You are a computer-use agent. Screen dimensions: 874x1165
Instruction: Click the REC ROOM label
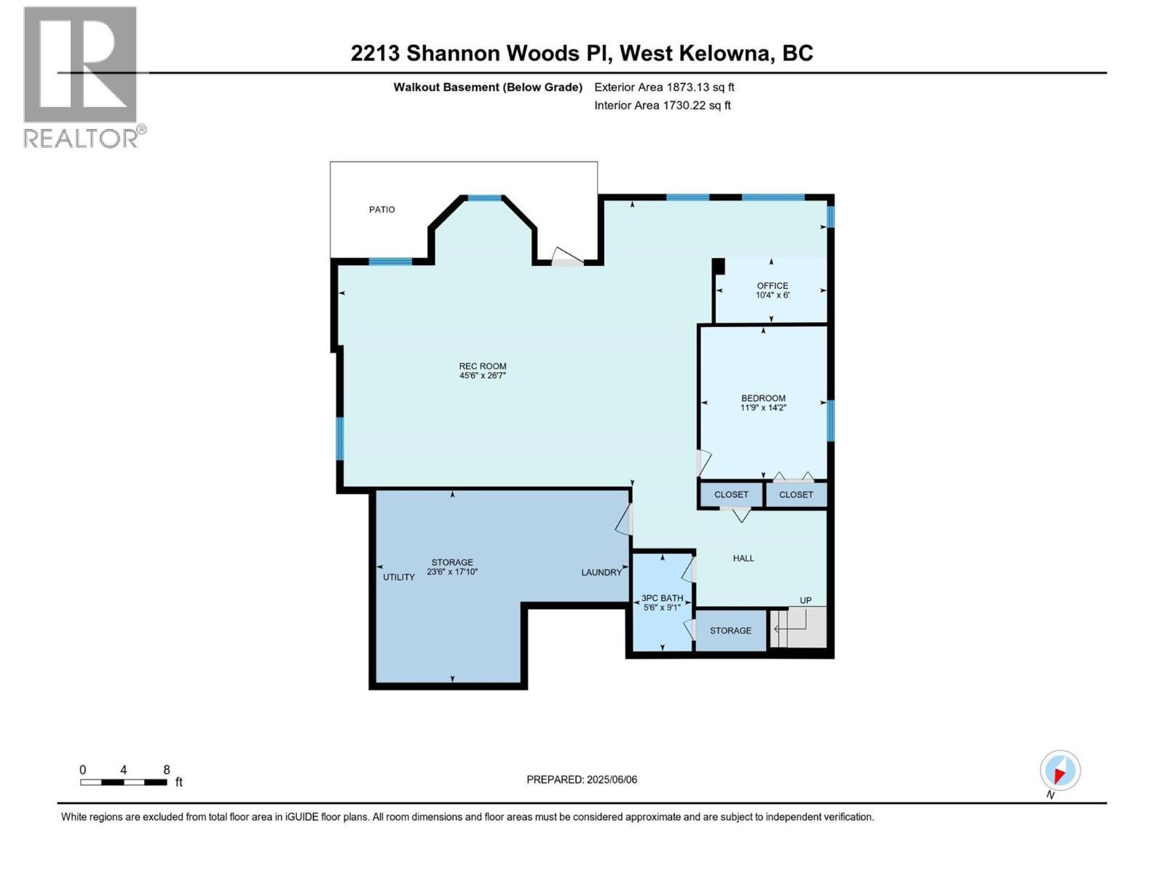pyautogui.click(x=482, y=366)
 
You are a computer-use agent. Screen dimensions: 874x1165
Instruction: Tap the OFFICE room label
pyautogui.click(x=772, y=286)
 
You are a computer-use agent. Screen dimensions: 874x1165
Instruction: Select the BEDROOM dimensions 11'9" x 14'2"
pyautogui.click(x=763, y=408)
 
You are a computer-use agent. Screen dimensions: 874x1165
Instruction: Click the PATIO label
pyautogui.click(x=382, y=210)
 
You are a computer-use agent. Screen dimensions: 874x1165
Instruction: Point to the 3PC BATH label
pyautogui.click(x=662, y=598)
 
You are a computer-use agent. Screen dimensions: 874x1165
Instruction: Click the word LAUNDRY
pyautogui.click(x=601, y=572)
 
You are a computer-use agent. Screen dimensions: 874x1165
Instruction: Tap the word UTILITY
pyautogui.click(x=399, y=577)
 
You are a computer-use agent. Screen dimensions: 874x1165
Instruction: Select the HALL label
pyautogui.click(x=743, y=558)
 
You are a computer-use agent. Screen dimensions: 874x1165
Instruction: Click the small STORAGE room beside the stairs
pyautogui.click(x=730, y=631)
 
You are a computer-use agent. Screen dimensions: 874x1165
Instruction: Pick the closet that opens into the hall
pyautogui.click(x=731, y=495)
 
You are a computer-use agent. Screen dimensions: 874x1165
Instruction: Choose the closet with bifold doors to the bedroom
pyautogui.click(x=796, y=495)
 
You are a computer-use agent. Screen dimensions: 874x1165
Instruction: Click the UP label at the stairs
pyautogui.click(x=805, y=600)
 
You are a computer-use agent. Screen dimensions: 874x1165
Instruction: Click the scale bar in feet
pyautogui.click(x=124, y=782)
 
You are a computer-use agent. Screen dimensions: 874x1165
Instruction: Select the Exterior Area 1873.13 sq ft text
pyautogui.click(x=664, y=87)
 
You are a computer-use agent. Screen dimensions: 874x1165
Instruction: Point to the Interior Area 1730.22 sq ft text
pyautogui.click(x=662, y=106)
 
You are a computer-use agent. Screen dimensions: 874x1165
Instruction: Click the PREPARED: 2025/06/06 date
pyautogui.click(x=582, y=779)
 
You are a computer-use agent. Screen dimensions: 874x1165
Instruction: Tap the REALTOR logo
pyautogui.click(x=82, y=76)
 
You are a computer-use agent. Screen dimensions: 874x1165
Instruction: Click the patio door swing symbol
pyautogui.click(x=567, y=256)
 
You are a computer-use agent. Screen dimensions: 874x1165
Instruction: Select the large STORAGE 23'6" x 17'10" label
pyautogui.click(x=452, y=567)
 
